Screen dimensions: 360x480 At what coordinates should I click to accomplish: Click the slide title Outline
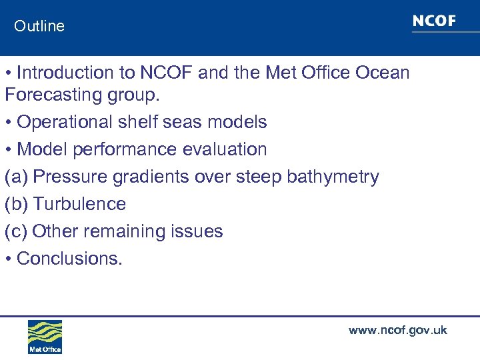coord(39,26)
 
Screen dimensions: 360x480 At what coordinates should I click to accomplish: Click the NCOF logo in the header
coord(434,21)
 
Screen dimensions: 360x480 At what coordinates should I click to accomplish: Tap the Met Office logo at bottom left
coord(45,337)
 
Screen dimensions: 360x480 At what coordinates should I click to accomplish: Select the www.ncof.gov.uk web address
coord(397,330)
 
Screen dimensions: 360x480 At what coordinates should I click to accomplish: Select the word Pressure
coord(69,177)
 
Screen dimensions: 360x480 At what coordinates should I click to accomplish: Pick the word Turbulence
coord(79,204)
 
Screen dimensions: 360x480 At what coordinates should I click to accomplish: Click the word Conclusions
coord(69,259)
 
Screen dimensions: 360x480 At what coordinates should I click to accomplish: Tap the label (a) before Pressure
coord(16,177)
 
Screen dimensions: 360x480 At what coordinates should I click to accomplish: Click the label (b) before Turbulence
coord(16,204)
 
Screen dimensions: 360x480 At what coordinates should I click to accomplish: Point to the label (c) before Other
coord(16,231)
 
